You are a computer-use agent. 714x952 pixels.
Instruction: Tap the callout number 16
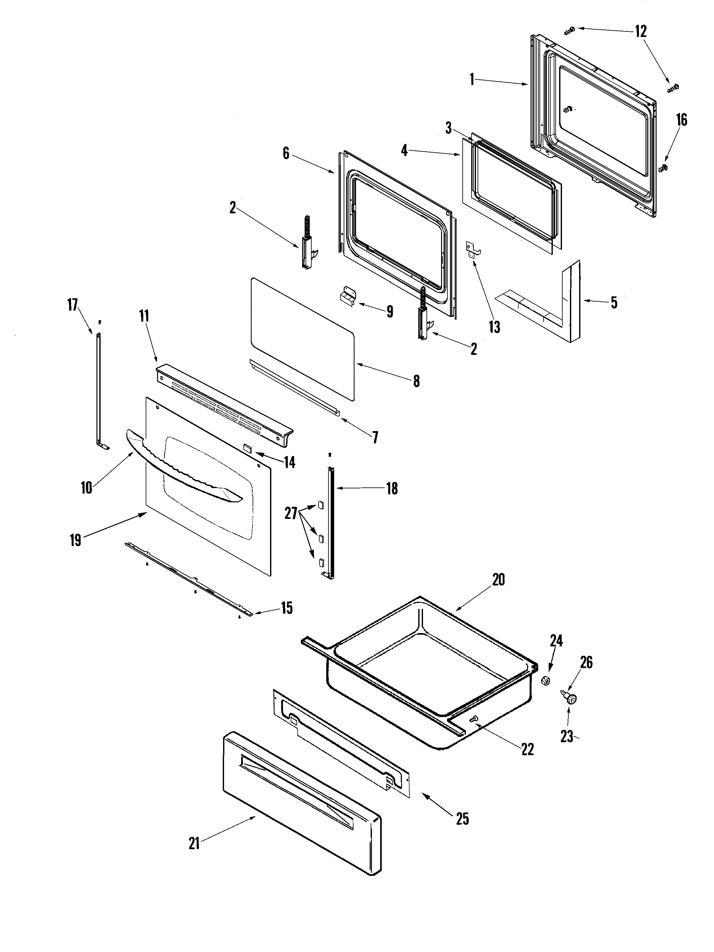coord(681,120)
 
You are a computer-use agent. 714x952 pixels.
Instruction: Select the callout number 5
coord(614,302)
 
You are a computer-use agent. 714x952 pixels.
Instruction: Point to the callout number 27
coord(291,513)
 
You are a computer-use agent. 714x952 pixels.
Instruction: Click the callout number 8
coord(416,381)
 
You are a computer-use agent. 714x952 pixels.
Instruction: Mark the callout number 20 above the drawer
coord(498,580)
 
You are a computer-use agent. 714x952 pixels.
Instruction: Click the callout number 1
coord(472,79)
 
